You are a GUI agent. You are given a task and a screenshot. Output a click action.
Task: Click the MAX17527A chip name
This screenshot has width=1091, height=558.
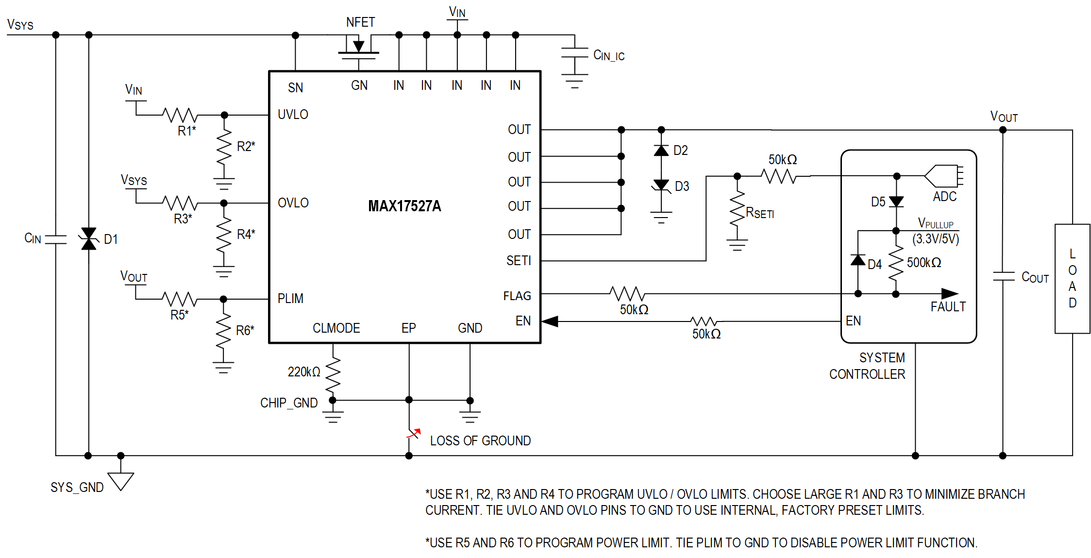point(404,206)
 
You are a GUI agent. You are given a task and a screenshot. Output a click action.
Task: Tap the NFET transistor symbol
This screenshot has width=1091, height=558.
point(359,49)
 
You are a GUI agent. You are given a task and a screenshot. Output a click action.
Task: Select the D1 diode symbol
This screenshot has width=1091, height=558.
point(88,238)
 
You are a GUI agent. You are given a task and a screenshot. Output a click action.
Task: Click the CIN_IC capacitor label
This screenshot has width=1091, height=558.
point(608,55)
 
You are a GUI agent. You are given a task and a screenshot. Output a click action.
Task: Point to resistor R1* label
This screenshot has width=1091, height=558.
point(186,131)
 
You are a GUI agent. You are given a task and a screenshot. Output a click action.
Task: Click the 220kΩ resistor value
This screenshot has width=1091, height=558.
point(304,372)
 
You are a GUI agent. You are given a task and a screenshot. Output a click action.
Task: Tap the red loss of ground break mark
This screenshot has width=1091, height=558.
point(414,433)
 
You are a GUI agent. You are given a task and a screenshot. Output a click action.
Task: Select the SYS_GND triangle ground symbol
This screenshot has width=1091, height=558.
point(120,481)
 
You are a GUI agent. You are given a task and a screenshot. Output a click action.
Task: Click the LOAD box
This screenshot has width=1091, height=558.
point(1072,278)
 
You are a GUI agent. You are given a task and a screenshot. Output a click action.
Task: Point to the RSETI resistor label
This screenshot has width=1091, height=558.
point(759,213)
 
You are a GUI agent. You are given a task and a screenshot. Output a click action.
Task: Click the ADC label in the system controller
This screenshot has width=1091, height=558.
point(944,197)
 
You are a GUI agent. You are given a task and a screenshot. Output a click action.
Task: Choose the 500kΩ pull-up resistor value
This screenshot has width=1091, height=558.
point(923,263)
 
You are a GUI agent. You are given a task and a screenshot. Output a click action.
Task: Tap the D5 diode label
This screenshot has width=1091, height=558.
point(878,202)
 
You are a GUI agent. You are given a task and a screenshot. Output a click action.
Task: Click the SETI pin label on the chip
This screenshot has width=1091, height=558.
point(519,261)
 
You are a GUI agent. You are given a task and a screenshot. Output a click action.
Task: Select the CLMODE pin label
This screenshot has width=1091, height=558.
point(336,328)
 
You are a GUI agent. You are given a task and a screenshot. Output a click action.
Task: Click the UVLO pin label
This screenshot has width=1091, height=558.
point(293,115)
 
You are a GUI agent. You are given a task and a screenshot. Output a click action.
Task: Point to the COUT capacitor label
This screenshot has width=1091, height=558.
point(1035,277)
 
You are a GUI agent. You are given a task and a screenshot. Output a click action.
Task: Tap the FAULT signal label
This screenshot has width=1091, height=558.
point(948,307)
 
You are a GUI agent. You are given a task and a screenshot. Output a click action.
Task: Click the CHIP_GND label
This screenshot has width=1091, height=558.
point(288,403)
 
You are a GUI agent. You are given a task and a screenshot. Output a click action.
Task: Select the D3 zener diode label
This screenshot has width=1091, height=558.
point(682,186)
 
